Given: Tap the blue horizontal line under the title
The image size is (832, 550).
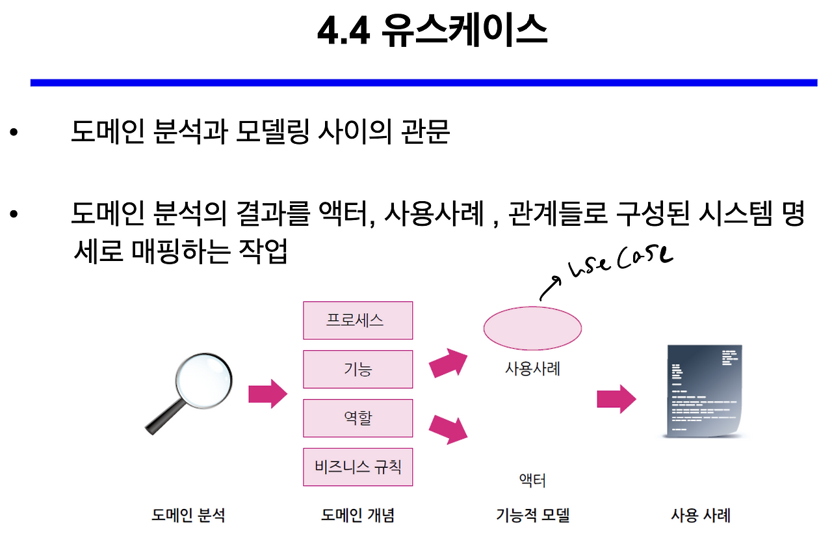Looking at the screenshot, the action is coord(423,83).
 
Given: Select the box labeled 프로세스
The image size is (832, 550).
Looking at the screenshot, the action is coord(357,320).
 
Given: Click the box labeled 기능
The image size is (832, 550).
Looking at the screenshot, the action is coord(357,369).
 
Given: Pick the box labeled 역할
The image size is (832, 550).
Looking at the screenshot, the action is coord(357,418).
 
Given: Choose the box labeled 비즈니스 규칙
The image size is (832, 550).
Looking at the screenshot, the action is coord(357,467).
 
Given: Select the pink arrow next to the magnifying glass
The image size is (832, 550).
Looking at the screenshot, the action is coord(267,394).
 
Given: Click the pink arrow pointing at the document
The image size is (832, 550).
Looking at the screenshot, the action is coord(616,398).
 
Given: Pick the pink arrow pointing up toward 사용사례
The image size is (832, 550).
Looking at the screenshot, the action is coord(448,363).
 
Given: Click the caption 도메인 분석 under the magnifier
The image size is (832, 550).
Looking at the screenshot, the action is coord(188,516).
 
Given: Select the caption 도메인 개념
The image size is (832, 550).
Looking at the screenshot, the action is coord(357,516).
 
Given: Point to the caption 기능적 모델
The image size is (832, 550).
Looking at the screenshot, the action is coord(532,516).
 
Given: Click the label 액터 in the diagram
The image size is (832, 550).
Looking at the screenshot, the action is coord(532,481).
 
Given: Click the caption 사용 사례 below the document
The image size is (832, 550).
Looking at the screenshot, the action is coord(701,516).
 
